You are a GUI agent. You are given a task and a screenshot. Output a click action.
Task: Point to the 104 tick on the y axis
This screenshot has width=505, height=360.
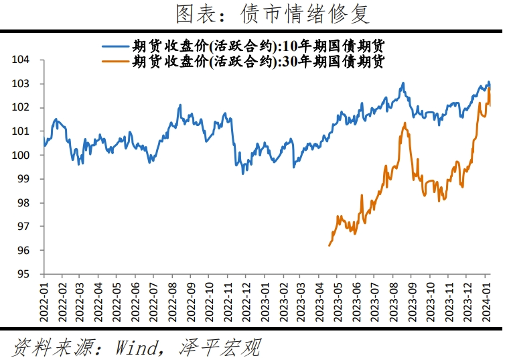pyautogui.click(x=21, y=60)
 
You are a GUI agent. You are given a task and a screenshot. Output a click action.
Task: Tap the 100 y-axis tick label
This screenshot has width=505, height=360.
pyautogui.click(x=21, y=156)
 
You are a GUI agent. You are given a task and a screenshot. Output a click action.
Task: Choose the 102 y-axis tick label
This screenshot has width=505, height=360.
pyautogui.click(x=21, y=108)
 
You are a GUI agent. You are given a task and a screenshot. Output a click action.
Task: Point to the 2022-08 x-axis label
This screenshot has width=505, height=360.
pyautogui.click(x=172, y=299)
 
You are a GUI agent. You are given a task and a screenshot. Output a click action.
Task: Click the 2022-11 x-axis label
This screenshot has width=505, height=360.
pyautogui.click(x=228, y=299)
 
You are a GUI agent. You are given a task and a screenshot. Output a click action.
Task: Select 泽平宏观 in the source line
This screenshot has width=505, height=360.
pyautogui.click(x=220, y=347)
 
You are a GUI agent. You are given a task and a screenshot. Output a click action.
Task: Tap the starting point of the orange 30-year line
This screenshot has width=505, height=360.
pyautogui.click(x=330, y=245)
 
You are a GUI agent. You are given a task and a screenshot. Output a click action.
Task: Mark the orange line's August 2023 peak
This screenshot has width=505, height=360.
pyautogui.click(x=405, y=123)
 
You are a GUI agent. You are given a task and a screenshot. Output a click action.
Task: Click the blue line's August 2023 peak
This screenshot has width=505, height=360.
pyautogui.click(x=403, y=83)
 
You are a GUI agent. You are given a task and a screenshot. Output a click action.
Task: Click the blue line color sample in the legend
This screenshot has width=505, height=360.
pyautogui.click(x=115, y=46)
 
